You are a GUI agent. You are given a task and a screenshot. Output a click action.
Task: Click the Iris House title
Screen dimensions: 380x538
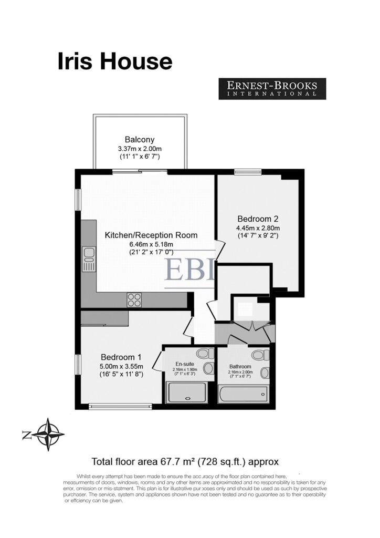click(x=115, y=61)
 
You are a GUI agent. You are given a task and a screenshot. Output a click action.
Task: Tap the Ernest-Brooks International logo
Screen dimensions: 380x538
click(x=272, y=89)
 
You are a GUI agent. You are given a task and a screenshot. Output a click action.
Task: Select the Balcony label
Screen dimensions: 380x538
click(x=140, y=140)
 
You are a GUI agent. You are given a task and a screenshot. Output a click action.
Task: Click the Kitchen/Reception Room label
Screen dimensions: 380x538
click(x=151, y=235)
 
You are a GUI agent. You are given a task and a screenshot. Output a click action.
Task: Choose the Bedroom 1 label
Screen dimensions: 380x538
click(x=121, y=357)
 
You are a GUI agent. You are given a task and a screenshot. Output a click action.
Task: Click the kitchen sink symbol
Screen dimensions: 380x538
click(x=89, y=260)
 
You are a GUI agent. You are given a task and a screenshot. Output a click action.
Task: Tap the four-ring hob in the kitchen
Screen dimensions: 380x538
click(x=134, y=300)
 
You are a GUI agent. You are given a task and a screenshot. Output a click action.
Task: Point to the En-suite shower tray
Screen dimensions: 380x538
click(x=187, y=392)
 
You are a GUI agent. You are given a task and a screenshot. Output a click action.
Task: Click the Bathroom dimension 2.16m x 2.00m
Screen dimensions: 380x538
click(x=240, y=372)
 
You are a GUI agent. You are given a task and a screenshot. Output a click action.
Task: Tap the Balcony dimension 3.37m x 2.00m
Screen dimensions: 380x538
click(x=140, y=149)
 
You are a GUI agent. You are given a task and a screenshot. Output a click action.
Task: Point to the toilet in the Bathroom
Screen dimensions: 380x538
click(x=260, y=354)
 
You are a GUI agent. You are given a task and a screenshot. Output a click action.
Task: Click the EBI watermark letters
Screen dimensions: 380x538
click(x=189, y=270)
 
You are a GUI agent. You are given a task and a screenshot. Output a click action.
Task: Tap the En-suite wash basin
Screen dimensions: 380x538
click(x=208, y=368)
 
